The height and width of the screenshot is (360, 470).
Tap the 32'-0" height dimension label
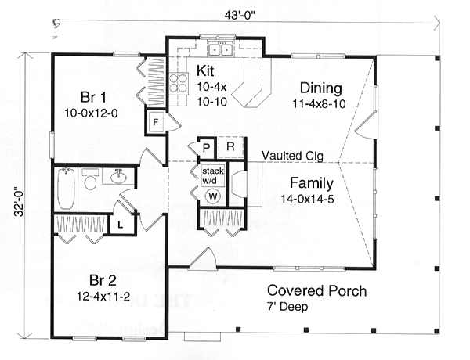pyautogui.click(x=19, y=203)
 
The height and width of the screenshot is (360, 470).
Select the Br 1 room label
pyautogui.click(x=93, y=97)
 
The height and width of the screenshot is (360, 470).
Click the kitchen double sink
pyautogui.click(x=221, y=49)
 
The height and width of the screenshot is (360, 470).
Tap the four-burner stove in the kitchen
pyautogui.click(x=179, y=84)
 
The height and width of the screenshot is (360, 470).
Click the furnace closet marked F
pyautogui.click(x=156, y=122)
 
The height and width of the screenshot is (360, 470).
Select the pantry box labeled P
pyautogui.click(x=206, y=148)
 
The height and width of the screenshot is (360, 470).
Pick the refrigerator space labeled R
pyautogui.click(x=230, y=147)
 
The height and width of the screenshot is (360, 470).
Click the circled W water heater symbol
pyautogui.click(x=213, y=196)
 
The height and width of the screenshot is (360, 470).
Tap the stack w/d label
pyautogui.click(x=213, y=176)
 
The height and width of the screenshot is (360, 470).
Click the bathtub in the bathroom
pyautogui.click(x=66, y=189)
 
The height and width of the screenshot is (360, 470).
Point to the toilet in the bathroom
pyautogui.click(x=91, y=179)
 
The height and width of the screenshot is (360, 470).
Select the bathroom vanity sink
pyautogui.click(x=119, y=177)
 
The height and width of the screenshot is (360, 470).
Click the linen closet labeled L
pyautogui.click(x=120, y=225)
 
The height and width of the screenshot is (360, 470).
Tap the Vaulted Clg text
pyautogui.click(x=292, y=156)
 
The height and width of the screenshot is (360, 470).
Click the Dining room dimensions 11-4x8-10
pyautogui.click(x=319, y=103)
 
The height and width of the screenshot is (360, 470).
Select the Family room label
pyautogui.click(x=312, y=182)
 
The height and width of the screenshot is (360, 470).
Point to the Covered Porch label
pyautogui.click(x=316, y=290)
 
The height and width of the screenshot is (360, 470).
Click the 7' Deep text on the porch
pyautogui.click(x=287, y=307)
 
